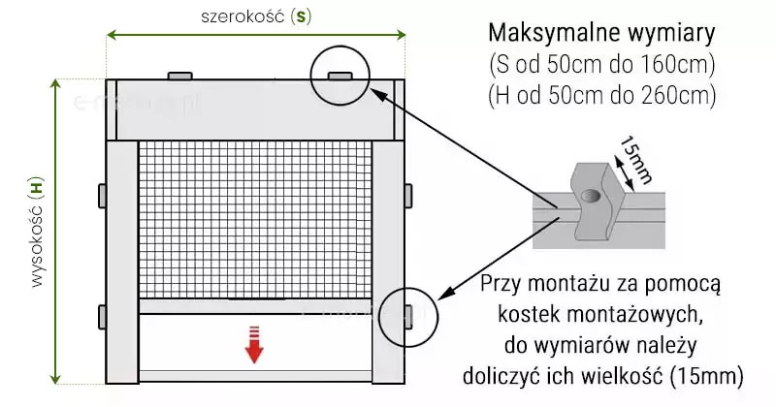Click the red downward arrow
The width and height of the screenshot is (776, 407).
pos(254,345)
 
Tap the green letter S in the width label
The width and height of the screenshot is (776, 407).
pos(304,16)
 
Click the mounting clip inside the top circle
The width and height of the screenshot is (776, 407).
pos(339,75)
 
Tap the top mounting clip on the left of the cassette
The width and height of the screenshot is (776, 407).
pos(180,75)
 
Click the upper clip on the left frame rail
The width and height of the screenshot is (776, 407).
pos(102,194)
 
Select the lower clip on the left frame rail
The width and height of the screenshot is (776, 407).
pos(102,316)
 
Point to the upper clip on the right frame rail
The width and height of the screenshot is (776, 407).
pos(409,194)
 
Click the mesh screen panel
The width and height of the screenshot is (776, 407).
pos(255,219)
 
